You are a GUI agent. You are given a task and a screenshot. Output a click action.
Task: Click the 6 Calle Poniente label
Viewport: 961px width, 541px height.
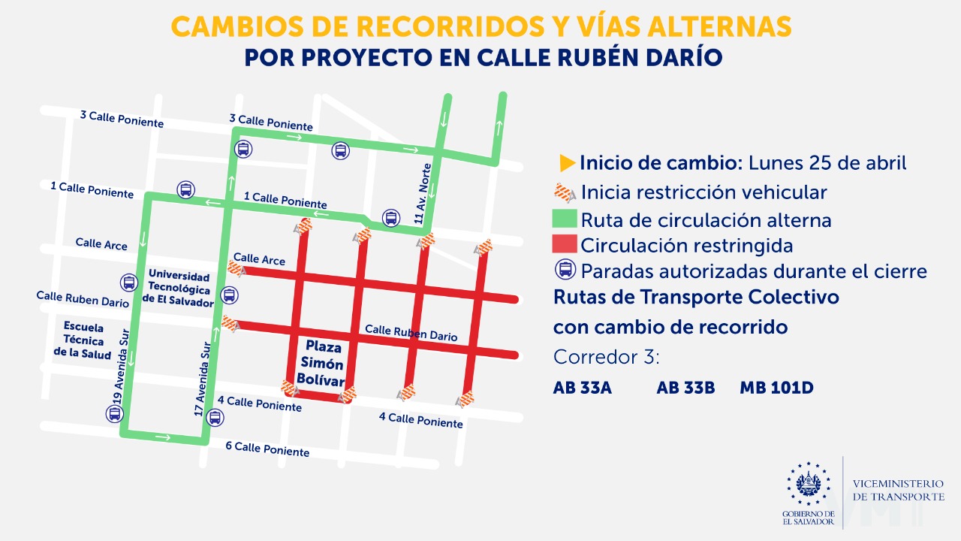point(267,449)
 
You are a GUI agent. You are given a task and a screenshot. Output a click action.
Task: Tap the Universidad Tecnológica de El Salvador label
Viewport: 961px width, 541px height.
point(181,286)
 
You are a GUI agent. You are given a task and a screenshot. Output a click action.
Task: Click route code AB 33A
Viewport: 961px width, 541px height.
point(583,388)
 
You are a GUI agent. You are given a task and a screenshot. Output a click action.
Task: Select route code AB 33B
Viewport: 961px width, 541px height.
point(685,388)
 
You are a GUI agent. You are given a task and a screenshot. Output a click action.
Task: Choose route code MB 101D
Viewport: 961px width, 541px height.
point(776,388)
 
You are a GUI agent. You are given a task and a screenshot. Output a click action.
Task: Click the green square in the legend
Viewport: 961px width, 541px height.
point(565,219)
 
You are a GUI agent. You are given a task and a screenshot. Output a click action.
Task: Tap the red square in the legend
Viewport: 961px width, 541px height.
point(565,245)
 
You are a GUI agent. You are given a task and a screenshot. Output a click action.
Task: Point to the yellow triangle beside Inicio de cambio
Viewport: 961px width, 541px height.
point(568,162)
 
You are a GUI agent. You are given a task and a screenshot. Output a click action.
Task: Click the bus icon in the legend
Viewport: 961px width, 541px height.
point(565,270)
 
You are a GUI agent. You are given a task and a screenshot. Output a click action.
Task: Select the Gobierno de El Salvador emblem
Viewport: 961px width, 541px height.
point(809,483)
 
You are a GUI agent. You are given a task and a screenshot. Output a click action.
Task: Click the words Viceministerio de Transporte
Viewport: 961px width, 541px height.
point(898,491)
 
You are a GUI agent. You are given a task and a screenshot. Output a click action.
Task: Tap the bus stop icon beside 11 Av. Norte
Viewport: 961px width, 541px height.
point(390,218)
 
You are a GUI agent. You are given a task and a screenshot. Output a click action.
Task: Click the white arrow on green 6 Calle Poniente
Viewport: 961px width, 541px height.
point(163,437)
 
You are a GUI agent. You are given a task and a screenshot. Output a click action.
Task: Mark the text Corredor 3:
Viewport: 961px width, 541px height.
point(606,357)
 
